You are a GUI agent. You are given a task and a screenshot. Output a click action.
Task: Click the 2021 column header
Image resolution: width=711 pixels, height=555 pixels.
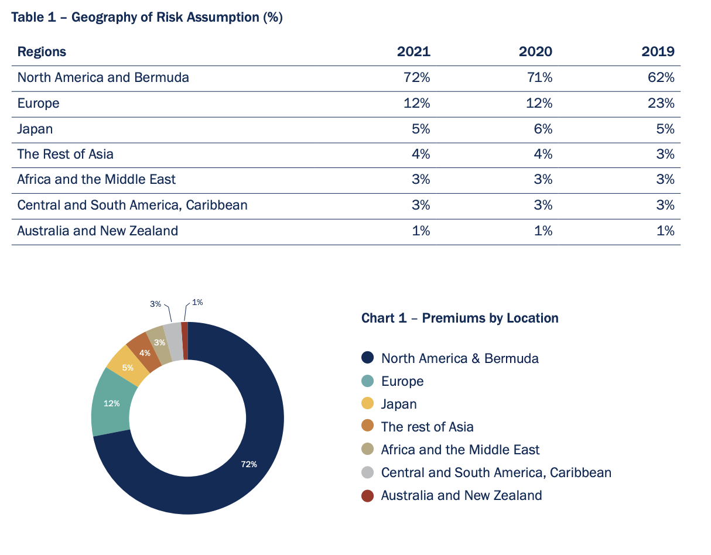[413, 52]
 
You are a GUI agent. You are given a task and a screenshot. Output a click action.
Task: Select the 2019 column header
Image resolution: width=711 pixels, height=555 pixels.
[658, 52]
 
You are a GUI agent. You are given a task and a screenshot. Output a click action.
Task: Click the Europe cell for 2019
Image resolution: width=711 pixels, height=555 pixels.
[661, 103]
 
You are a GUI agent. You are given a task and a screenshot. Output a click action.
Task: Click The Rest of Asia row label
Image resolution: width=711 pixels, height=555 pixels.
[66, 154]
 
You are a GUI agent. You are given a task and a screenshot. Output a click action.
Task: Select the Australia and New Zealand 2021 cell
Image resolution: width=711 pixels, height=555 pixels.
[421, 231]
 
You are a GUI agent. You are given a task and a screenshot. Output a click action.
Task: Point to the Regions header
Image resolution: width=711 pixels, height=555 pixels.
[42, 52]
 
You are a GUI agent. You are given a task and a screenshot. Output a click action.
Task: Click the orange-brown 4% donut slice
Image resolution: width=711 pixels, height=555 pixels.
[145, 352]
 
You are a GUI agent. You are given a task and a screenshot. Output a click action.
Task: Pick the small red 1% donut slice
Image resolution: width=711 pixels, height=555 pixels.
[184, 340]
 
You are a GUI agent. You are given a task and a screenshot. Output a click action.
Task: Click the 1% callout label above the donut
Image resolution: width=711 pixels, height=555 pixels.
[197, 303]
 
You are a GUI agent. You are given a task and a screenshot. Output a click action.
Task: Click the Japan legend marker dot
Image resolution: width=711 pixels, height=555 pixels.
[368, 404]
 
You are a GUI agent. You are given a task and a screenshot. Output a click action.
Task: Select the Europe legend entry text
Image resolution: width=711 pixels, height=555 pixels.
[402, 381]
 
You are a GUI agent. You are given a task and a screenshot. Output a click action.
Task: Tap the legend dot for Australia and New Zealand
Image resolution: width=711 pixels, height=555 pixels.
[368, 495]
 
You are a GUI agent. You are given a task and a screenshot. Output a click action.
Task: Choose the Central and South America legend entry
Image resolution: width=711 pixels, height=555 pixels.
[496, 472]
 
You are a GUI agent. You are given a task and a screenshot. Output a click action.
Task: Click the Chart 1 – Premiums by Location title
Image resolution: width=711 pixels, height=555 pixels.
[460, 318]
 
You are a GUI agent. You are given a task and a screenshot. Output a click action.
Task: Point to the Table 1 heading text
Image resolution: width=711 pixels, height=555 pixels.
[147, 17]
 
